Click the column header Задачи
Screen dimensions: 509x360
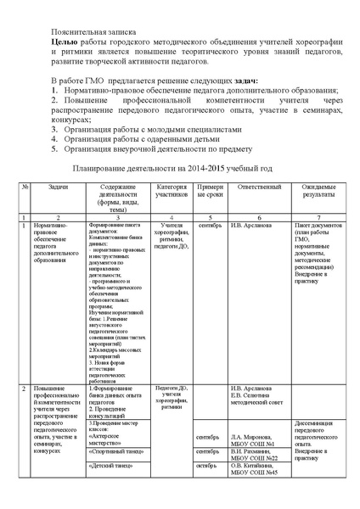point(59,186)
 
